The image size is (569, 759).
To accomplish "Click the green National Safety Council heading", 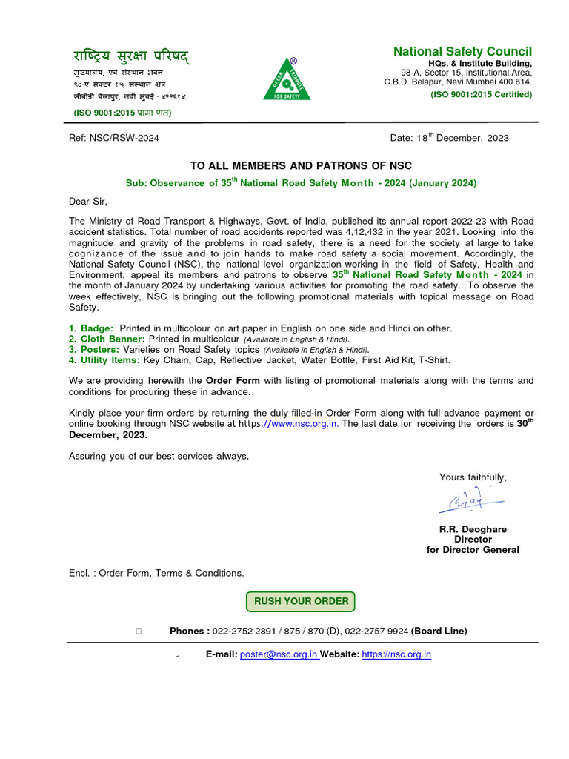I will pos(462,51).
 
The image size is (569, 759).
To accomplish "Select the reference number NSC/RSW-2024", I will pos(126,138).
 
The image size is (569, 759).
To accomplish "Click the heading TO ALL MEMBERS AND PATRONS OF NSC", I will pos(301,165).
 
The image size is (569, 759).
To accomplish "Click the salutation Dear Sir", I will pos(88,201).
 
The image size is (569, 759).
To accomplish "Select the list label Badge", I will pos(96,328).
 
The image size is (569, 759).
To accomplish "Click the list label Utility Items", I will pos(110,359).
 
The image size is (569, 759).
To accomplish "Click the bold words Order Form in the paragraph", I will pos(233,381).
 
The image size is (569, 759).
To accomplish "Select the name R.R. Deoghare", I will pos(473,530).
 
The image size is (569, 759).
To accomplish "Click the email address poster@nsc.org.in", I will pos(279,654).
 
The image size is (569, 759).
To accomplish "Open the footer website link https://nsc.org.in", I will pos(396,654).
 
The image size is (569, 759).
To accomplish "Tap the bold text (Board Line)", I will pos(439,631).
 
